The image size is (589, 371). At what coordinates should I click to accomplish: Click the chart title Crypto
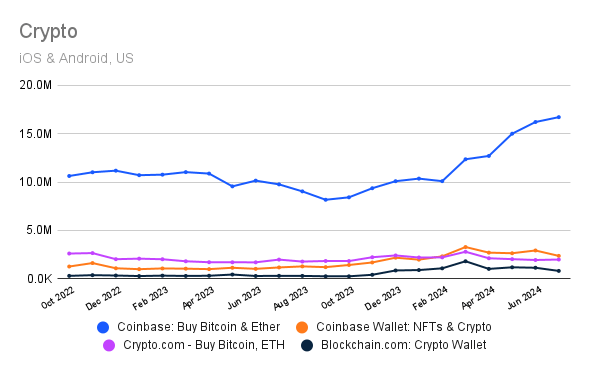pos(48,31)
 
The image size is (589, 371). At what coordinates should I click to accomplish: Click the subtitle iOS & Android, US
pos(76,58)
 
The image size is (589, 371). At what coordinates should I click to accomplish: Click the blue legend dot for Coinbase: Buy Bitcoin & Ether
pos(103,326)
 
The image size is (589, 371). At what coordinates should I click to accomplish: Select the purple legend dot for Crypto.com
pos(109,345)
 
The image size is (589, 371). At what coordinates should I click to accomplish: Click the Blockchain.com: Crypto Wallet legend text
pos(405,345)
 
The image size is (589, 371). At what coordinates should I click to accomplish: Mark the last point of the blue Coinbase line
pos(558,117)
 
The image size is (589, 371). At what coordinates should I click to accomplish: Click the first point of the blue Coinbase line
pos(69,176)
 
